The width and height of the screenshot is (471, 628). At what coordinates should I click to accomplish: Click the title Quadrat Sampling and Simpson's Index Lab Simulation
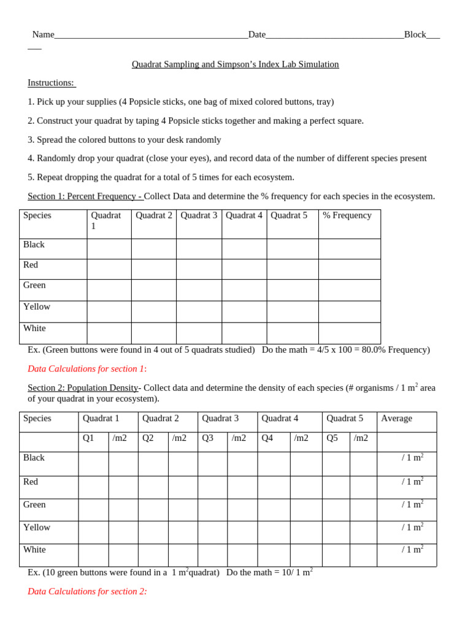[x=235, y=64]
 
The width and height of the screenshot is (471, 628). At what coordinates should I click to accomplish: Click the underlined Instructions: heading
[x=51, y=83]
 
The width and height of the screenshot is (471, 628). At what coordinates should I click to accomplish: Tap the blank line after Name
[x=151, y=36]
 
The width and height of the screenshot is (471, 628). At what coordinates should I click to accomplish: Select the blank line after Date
[x=334, y=36]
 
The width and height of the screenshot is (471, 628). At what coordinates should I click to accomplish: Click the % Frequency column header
[x=347, y=216]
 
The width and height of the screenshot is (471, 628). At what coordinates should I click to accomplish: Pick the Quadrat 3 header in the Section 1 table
[x=199, y=216]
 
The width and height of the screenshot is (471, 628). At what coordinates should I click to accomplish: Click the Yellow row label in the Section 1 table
[x=37, y=307]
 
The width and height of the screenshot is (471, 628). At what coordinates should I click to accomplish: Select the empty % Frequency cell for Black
[x=349, y=249]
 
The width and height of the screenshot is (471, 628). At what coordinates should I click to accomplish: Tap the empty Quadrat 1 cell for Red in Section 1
[x=109, y=269]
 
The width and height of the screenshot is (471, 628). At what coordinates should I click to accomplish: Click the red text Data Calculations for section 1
[x=86, y=369]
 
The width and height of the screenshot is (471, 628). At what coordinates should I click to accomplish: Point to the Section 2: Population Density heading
[x=83, y=388]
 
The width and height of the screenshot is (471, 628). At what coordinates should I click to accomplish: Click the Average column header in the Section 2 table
[x=397, y=419]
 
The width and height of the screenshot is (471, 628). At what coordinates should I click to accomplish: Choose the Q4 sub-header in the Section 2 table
[x=267, y=438]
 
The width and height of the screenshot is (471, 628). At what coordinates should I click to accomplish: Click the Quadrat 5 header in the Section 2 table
[x=345, y=419]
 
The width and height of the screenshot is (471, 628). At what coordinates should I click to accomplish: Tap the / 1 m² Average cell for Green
[x=412, y=504]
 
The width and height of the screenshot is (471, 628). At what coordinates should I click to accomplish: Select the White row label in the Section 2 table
[x=34, y=550]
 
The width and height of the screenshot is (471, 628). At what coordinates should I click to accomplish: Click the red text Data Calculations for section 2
[x=87, y=592]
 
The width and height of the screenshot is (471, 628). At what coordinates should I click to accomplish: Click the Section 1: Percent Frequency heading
[x=85, y=196]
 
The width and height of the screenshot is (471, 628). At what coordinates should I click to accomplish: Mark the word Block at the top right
[x=415, y=35]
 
